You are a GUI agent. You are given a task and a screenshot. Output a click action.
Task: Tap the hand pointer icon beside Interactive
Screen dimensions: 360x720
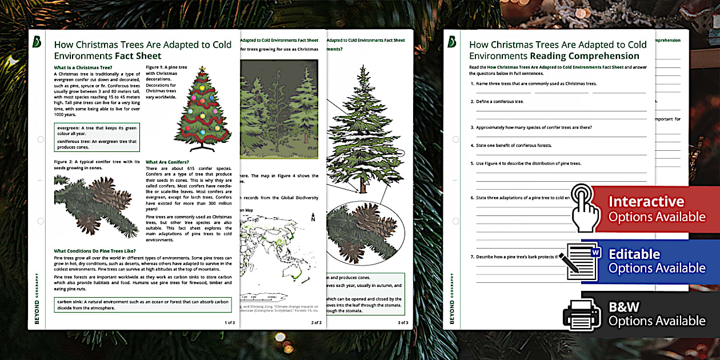(586, 206)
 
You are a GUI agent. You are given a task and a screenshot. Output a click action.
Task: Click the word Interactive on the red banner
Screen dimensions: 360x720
(646, 202)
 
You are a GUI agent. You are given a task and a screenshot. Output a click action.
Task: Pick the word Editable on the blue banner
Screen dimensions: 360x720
(634, 254)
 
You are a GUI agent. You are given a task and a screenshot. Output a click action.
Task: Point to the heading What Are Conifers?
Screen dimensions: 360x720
(167, 162)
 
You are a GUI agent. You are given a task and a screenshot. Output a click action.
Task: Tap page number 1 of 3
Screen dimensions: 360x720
(229, 323)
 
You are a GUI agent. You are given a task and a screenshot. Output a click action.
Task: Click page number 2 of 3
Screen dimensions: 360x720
(316, 323)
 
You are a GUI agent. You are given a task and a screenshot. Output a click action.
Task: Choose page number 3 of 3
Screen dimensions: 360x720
(403, 323)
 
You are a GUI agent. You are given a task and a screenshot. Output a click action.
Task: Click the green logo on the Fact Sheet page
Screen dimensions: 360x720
(38, 42)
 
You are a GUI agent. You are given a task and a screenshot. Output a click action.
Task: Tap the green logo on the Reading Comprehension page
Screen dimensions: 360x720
(453, 42)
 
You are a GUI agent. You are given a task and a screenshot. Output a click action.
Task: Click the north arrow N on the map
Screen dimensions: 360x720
(313, 218)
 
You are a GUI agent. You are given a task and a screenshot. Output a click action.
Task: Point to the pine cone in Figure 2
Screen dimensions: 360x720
(106, 194)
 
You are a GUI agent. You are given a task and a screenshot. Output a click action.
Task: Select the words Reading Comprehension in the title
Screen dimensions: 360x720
(584, 56)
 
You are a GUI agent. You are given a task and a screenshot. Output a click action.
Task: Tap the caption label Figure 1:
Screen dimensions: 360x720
(157, 67)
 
